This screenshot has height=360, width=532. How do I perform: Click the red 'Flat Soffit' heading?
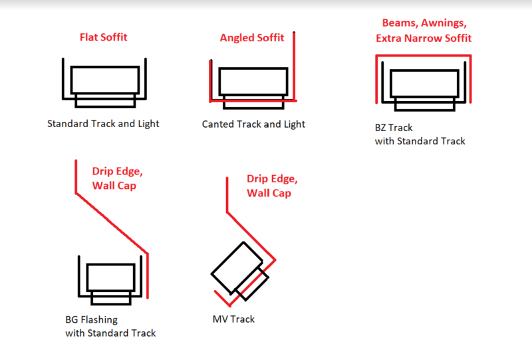click(x=103, y=37)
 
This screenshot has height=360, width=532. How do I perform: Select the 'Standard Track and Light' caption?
click(x=103, y=124)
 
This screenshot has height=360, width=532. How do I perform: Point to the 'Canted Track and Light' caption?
click(x=253, y=124)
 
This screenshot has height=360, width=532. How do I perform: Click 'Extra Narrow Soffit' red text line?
click(x=424, y=38)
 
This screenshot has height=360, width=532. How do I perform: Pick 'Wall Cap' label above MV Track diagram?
click(x=269, y=193)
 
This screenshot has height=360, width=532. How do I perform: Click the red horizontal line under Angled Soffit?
click(x=253, y=100)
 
